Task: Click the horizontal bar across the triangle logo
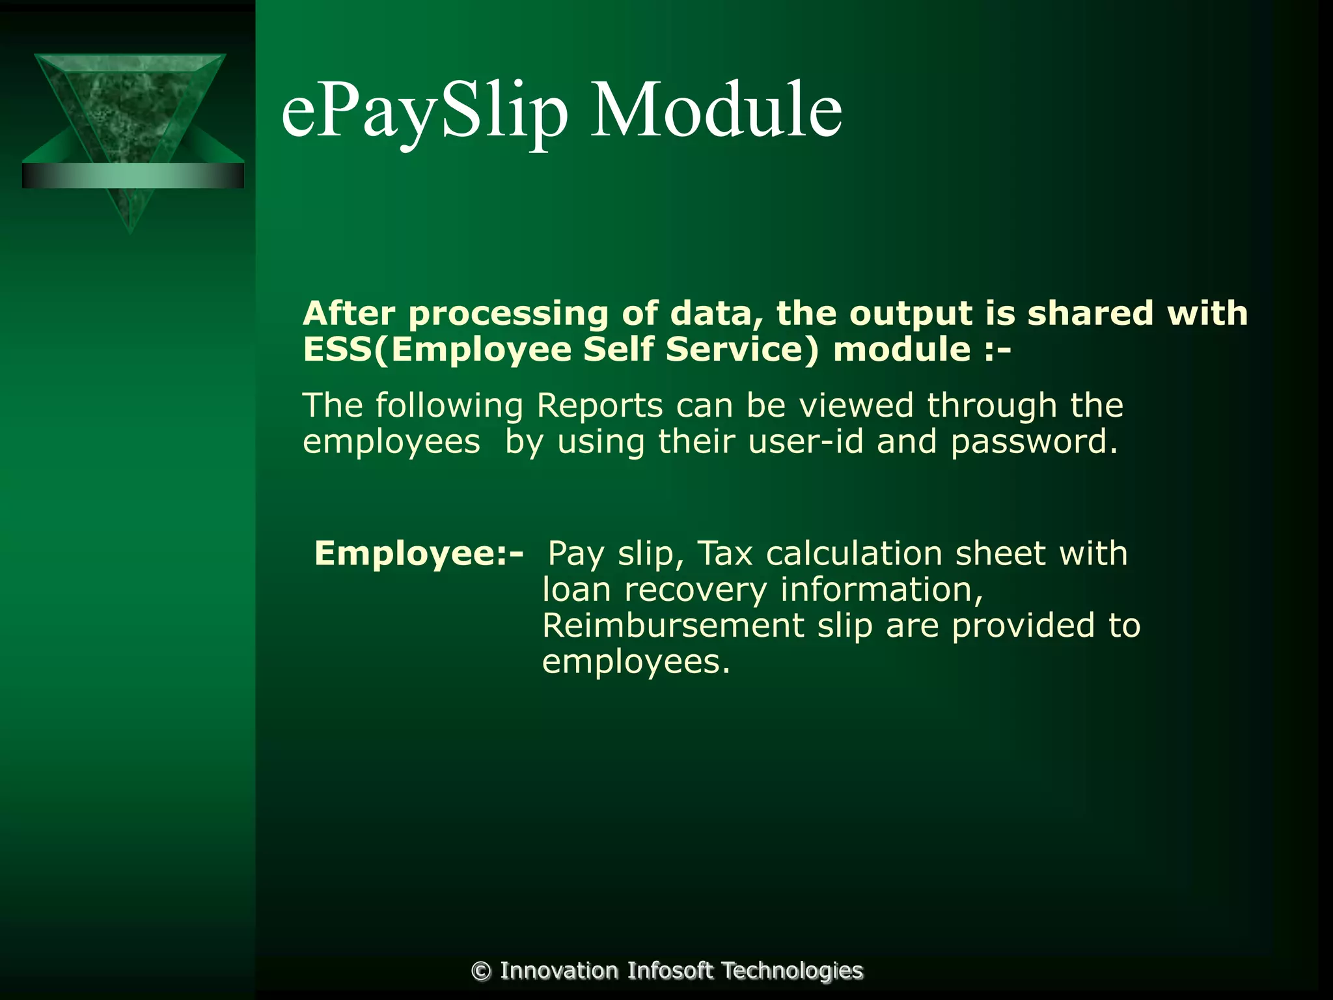pyautogui.click(x=133, y=176)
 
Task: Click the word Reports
pyautogui.click(x=599, y=406)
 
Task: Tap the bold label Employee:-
pyautogui.click(x=419, y=553)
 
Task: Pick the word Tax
pyautogui.click(x=725, y=553)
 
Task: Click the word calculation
pyautogui.click(x=854, y=553)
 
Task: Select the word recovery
pyautogui.click(x=695, y=590)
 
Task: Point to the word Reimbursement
pyautogui.click(x=673, y=626)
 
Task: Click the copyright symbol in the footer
pyautogui.click(x=481, y=971)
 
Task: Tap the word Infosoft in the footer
pyautogui.click(x=670, y=971)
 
